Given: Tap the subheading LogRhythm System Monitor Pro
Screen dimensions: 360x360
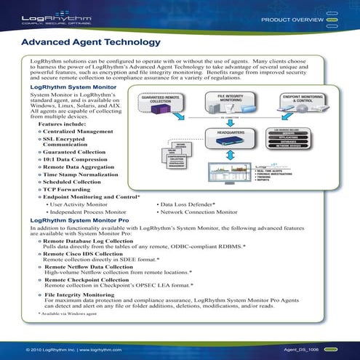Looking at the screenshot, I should pos(80,219).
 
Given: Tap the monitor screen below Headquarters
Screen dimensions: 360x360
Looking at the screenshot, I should pos(225,172).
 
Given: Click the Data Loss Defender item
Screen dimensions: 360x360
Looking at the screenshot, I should pos(188,204).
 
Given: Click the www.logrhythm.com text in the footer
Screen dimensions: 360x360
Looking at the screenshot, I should pos(99,349).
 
